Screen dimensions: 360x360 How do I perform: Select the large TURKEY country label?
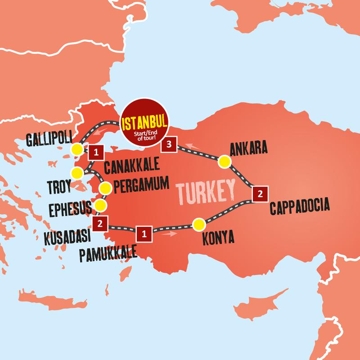click(207, 192)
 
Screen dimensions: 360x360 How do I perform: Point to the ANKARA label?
click(248, 148)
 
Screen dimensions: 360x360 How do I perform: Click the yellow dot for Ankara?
click(224, 162)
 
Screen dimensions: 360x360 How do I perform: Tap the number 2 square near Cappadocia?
click(259, 194)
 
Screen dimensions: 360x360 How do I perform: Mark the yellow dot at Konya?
click(198, 224)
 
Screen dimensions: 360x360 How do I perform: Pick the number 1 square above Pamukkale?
click(144, 233)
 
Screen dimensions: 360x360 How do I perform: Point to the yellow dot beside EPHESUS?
click(101, 206)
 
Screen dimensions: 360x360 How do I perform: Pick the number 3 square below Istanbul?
click(169, 144)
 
